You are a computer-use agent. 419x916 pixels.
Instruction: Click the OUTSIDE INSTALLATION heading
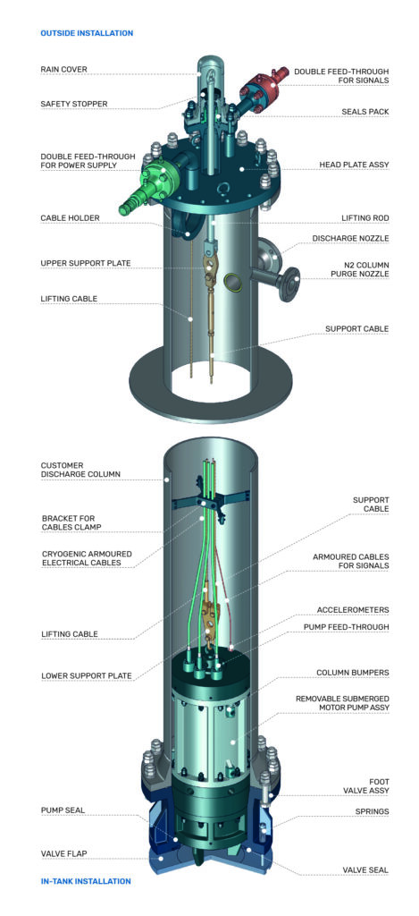87,33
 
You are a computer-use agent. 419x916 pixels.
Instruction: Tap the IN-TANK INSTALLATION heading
86,881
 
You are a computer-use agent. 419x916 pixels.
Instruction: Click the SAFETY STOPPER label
73,104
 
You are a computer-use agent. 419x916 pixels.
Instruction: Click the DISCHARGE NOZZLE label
350,239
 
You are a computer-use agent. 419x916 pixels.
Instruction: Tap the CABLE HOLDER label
70,217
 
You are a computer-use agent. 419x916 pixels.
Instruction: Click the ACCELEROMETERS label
351,609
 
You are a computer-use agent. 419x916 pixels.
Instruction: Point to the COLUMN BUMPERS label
349,672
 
